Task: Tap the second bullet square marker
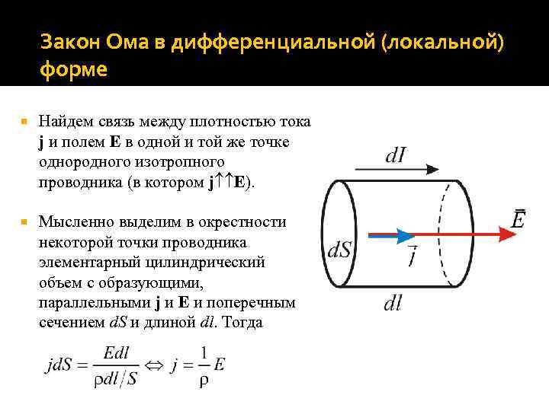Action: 25,222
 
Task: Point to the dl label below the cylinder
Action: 393,304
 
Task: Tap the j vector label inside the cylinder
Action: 412,255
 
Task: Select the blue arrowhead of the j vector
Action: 405,236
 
